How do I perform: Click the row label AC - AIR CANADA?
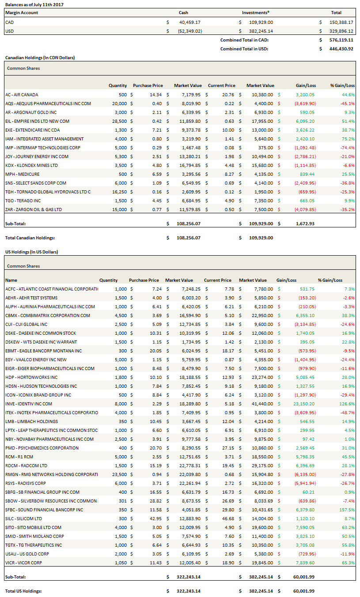(x=22, y=94)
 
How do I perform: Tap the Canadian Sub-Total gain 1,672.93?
(x=305, y=223)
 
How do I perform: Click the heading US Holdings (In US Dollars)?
(x=31, y=252)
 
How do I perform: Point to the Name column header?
(x=11, y=280)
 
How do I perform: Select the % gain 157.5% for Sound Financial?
(x=348, y=510)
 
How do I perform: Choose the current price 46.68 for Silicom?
(x=226, y=518)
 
